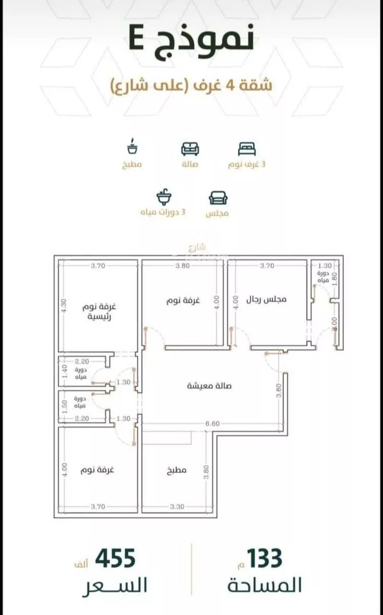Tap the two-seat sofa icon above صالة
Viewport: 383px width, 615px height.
190,149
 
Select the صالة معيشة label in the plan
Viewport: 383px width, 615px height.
209,386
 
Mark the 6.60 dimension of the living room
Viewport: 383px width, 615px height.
213,423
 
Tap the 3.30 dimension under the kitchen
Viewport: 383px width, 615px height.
176,507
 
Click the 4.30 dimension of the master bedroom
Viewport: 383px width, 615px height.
64,305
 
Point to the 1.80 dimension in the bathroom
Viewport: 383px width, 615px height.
334,281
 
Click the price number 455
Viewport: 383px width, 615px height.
115,559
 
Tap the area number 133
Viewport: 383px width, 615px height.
265,559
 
